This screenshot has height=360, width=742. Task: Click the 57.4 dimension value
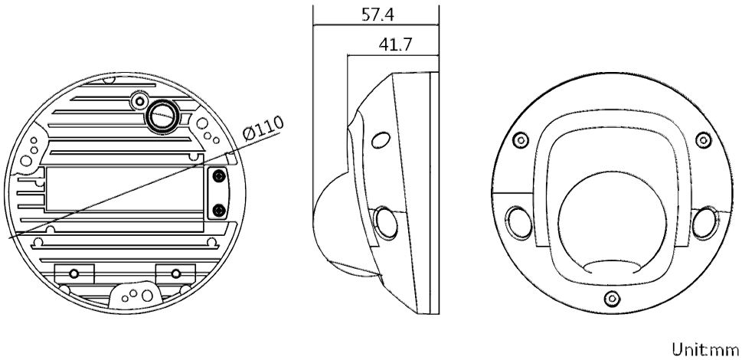(378, 15)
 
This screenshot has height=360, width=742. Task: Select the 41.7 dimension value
(395, 44)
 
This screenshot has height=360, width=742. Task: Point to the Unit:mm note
(705, 349)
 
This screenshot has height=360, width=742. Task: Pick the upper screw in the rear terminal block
(218, 176)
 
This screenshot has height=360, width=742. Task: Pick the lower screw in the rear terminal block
(218, 210)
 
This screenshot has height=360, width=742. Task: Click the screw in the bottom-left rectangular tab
(74, 273)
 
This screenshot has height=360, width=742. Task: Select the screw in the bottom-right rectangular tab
(176, 273)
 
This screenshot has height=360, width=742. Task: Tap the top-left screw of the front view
(521, 139)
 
